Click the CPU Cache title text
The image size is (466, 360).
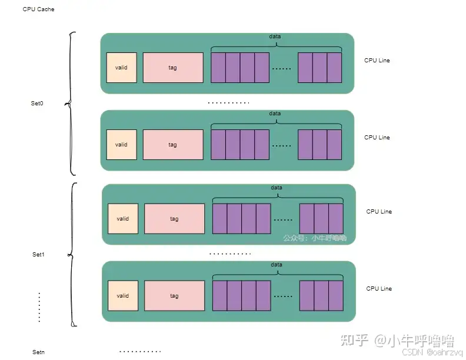click(38, 9)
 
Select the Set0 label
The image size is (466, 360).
click(37, 104)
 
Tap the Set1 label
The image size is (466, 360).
click(38, 255)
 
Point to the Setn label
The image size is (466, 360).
click(38, 352)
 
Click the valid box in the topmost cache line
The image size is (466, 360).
click(122, 68)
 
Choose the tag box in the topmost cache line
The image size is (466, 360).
click(173, 68)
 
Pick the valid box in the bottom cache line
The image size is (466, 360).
click(123, 296)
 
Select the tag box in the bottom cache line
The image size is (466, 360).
click(174, 296)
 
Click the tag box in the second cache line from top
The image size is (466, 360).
click(173, 145)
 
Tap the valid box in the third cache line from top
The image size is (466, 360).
click(123, 219)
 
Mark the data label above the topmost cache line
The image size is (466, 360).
click(275, 36)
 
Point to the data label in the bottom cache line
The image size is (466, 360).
click(277, 265)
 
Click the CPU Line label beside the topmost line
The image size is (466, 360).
click(377, 61)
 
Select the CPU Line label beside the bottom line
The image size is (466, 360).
click(379, 289)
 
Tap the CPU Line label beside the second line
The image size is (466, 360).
click(377, 138)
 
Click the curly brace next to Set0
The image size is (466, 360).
click(72, 104)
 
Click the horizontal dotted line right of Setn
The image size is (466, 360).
click(140, 352)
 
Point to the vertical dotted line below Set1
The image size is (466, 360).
click(39, 306)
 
